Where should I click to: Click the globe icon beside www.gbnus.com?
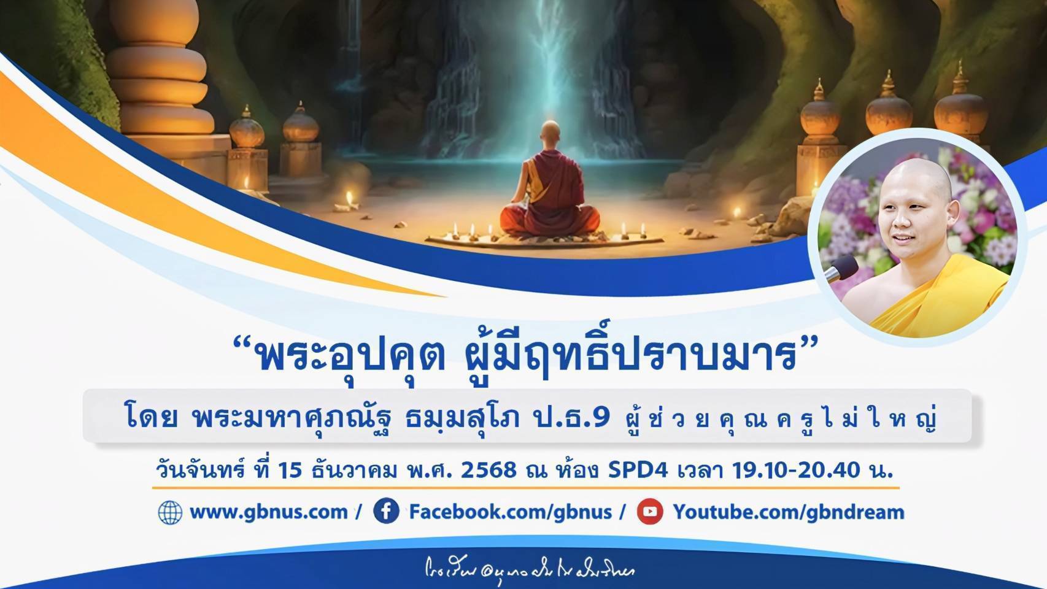(x=170, y=512)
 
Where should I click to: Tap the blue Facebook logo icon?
(x=386, y=511)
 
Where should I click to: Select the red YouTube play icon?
(x=649, y=512)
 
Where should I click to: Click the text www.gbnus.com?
(x=269, y=512)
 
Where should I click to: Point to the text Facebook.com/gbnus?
(x=510, y=512)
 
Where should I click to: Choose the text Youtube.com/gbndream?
(x=789, y=512)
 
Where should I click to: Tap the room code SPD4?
(x=638, y=471)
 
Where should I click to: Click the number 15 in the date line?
(x=290, y=471)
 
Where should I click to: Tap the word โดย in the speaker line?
(x=151, y=418)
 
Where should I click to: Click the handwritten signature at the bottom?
(x=529, y=570)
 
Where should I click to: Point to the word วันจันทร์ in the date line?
(x=199, y=471)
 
